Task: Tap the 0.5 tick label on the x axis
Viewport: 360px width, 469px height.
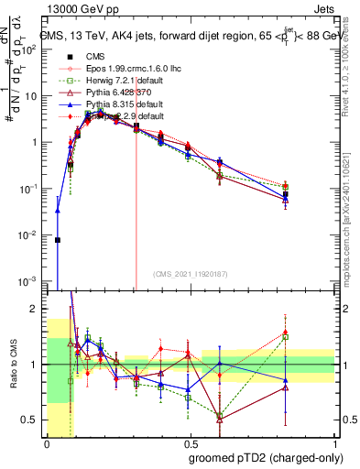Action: pyautogui.click(x=190, y=443)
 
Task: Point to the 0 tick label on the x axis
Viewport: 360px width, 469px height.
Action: pyautogui.click(x=47, y=443)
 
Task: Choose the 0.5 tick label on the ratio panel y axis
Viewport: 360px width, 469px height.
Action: pyautogui.click(x=33, y=420)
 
